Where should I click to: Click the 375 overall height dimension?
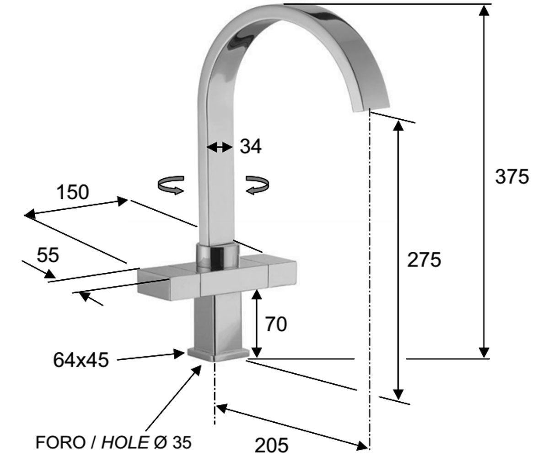click(x=511, y=176)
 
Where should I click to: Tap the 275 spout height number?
click(x=424, y=260)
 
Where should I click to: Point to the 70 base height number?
click(x=276, y=324)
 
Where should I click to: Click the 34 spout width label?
click(x=251, y=146)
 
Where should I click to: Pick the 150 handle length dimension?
click(x=73, y=192)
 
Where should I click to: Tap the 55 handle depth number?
click(x=48, y=255)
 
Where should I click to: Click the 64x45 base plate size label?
click(x=81, y=360)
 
